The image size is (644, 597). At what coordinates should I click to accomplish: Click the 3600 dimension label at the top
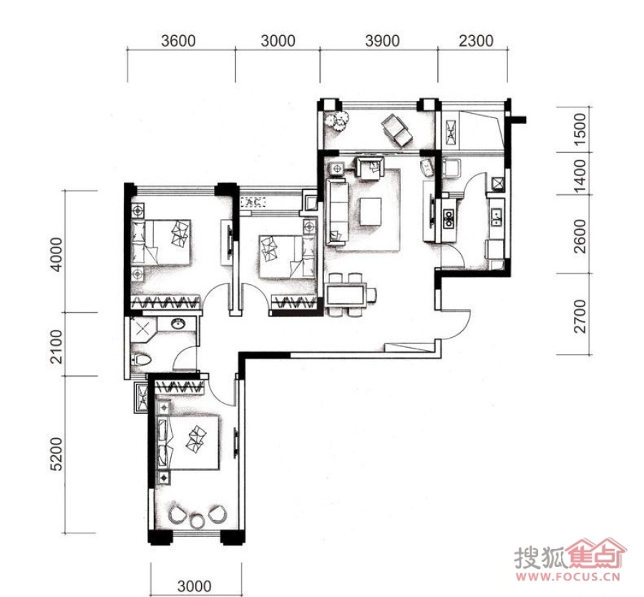click(178, 41)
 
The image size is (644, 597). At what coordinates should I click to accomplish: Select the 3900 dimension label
click(382, 41)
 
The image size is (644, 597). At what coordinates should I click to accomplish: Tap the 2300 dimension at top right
click(476, 41)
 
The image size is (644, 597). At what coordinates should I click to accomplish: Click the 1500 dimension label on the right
click(580, 130)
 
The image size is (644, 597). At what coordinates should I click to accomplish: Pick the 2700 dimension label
click(580, 316)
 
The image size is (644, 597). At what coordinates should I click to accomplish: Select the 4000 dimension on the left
click(57, 254)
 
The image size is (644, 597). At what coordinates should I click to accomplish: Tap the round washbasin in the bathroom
click(178, 324)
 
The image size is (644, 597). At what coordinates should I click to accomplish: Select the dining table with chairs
click(351, 294)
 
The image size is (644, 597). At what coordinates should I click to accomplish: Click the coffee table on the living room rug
click(371, 211)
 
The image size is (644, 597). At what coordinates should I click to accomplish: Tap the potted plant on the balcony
click(338, 120)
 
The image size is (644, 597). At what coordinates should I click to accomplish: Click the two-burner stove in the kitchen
click(449, 218)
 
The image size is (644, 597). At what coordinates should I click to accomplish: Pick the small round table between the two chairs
click(197, 521)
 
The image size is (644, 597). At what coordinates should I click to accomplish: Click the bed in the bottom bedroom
click(188, 442)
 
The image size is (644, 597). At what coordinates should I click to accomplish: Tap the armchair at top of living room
click(371, 168)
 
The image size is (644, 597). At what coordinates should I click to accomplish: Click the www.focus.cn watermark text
click(567, 576)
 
